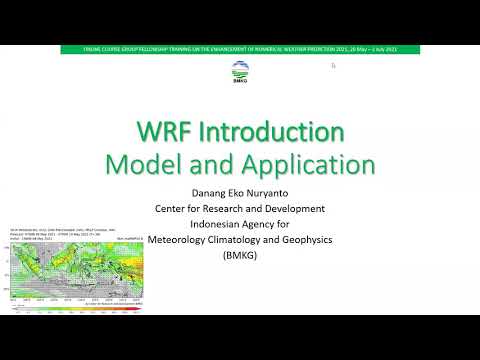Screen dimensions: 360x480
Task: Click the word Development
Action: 306,208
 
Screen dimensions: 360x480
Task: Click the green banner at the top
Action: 240,48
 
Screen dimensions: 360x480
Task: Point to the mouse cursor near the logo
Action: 333,66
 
